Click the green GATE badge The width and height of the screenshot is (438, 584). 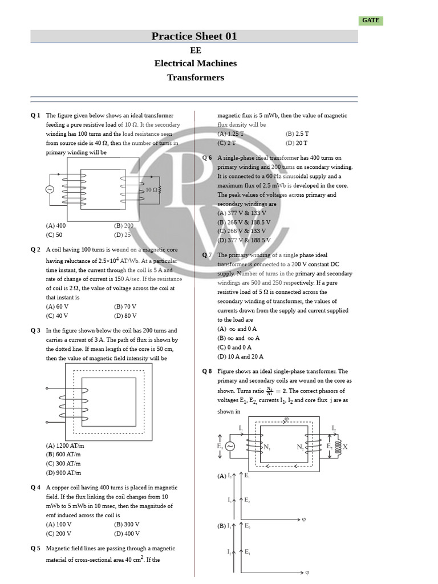tap(370, 21)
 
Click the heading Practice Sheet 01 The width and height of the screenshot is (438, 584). tap(194, 36)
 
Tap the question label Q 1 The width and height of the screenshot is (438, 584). tap(35, 116)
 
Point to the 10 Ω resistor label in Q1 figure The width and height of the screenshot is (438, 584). tap(152, 189)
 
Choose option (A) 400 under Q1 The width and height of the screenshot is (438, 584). tap(56, 226)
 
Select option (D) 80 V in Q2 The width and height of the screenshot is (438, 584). tap(125, 315)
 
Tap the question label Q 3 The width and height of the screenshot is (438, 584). tap(35, 331)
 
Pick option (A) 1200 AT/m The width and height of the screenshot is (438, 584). tap(64, 445)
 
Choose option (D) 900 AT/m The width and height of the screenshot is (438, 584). tap(63, 473)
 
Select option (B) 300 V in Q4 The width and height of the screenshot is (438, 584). tap(127, 524)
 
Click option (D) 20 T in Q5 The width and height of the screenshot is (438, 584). tap(297, 143)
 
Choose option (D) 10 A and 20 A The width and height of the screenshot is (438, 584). tap(241, 356)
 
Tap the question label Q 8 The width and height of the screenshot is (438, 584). tap(207, 371)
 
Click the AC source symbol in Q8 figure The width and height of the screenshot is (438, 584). tap(231, 447)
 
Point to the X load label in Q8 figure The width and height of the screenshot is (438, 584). tap(345, 447)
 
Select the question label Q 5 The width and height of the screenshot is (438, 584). tap(35, 549)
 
